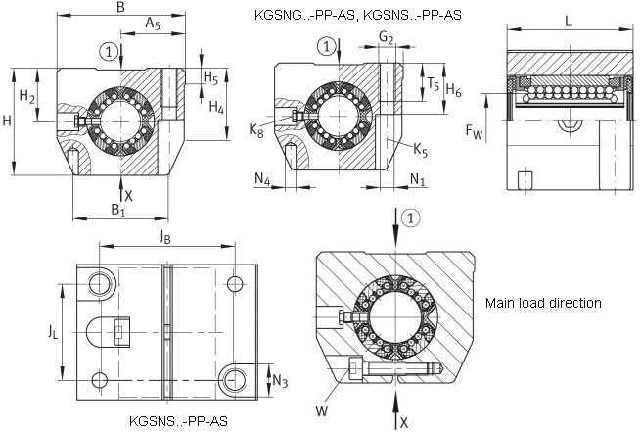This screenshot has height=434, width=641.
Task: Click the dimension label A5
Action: tap(153, 24)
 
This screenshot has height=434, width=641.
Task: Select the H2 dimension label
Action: tap(27, 97)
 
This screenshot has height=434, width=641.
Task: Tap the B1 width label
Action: tap(118, 211)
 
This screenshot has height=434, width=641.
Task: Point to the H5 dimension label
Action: tap(210, 77)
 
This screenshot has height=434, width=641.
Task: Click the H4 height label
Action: tap(216, 108)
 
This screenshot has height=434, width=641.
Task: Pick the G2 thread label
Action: tap(386, 38)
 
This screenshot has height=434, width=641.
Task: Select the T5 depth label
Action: tap(433, 84)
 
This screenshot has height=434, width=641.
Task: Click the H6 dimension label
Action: tap(453, 90)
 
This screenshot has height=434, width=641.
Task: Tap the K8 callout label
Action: tap(256, 131)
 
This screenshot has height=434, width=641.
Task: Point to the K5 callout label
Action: tap(420, 150)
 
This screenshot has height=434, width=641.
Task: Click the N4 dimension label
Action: tap(262, 179)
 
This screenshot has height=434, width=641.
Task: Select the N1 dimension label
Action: tap(418, 179)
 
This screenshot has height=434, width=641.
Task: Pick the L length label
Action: tap(568, 21)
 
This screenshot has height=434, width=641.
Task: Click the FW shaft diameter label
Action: tap(475, 131)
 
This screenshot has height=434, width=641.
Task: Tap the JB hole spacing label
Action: tap(164, 237)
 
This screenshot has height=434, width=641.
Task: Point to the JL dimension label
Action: tap(53, 332)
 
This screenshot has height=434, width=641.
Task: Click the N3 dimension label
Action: tap(280, 381)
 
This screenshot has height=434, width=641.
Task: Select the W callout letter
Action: tap(322, 410)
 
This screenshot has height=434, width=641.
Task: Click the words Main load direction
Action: tap(543, 303)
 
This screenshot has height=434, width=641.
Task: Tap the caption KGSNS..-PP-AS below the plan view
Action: tap(179, 421)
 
